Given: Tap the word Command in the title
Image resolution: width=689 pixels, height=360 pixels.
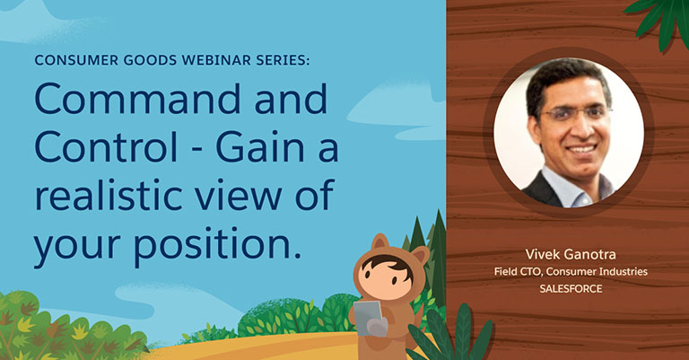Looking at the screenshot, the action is click(137, 98).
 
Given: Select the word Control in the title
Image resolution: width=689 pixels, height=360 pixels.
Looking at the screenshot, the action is click(106, 146).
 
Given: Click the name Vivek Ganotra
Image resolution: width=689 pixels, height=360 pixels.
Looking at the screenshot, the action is click(571, 254).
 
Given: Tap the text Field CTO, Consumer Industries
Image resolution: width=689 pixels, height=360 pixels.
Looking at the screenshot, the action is click(571, 272).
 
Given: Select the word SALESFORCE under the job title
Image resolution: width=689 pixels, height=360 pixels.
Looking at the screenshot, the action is click(571, 289).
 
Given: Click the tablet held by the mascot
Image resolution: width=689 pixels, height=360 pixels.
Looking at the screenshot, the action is click(368, 318).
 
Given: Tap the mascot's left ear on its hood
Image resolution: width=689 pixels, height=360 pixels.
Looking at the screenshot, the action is click(379, 243).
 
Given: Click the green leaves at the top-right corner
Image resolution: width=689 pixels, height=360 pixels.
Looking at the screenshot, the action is click(660, 20).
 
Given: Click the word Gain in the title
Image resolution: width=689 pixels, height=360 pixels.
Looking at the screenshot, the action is click(258, 146).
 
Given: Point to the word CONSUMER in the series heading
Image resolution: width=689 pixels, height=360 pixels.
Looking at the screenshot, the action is click(76, 60).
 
